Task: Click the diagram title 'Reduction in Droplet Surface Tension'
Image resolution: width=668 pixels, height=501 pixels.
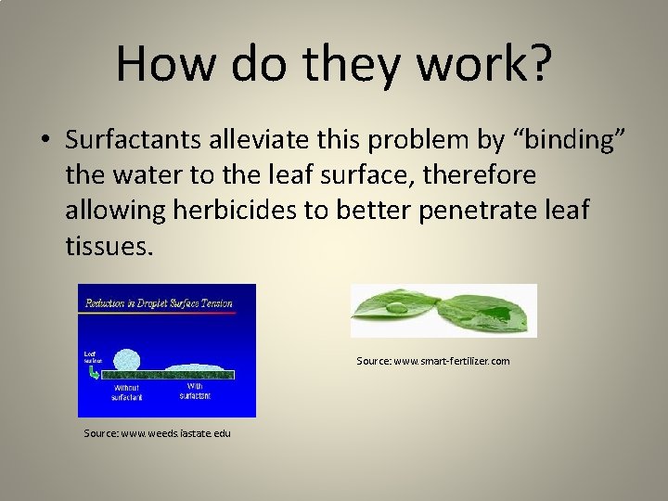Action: [159, 302]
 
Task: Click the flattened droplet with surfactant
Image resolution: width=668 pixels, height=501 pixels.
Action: [195, 368]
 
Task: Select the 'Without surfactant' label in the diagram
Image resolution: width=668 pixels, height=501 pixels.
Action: [127, 392]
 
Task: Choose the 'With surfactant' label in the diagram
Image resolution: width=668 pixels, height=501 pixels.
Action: [195, 391]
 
